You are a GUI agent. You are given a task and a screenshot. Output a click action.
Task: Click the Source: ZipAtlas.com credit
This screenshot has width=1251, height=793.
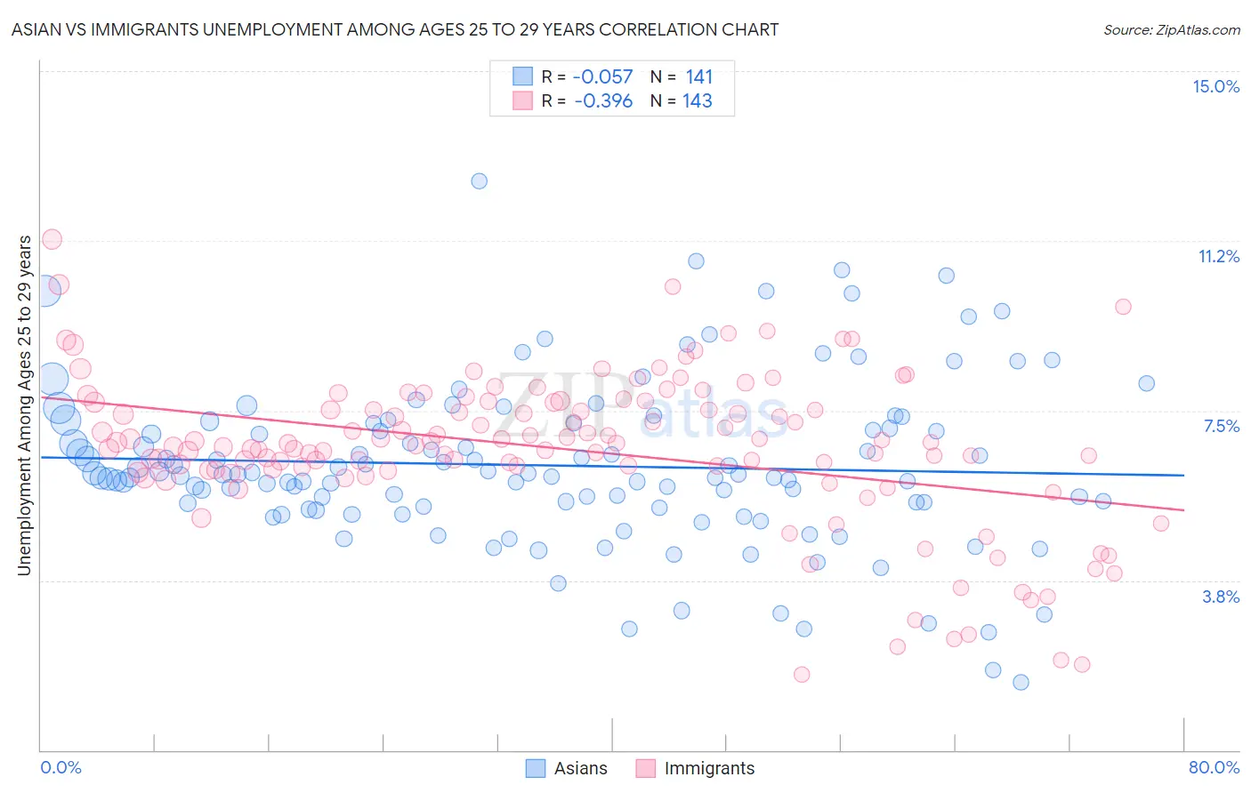tap(1171, 29)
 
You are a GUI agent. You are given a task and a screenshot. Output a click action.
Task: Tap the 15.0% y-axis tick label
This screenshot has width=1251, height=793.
tap(1215, 86)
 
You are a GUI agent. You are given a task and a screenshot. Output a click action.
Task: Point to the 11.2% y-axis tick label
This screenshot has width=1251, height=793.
tap(1218, 256)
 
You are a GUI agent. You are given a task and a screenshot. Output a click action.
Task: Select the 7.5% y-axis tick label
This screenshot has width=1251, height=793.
tap(1221, 426)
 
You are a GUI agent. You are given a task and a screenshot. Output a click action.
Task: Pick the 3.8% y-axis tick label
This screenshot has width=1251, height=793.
tap(1221, 597)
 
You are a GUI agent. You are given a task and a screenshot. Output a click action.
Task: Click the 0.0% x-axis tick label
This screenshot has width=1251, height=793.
tap(61, 767)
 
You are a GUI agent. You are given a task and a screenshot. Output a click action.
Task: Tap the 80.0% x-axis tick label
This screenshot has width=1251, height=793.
tap(1214, 767)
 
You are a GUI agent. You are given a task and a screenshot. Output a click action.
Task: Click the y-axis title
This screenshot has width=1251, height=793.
tap(24, 405)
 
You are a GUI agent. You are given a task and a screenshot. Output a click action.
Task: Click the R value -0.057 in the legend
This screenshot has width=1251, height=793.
tap(603, 77)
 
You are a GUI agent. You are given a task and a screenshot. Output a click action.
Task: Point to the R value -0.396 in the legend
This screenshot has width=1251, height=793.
tap(603, 100)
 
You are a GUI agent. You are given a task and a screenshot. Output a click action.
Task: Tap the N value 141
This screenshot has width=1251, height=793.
tap(698, 77)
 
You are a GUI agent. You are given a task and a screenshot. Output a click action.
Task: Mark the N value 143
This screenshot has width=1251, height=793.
tap(698, 100)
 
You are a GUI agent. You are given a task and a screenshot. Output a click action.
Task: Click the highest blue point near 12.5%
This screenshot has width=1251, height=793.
tap(479, 180)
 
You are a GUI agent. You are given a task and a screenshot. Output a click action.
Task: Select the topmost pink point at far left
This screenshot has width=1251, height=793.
tap(52, 239)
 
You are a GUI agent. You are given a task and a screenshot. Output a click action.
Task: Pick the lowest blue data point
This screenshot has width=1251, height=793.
tap(1021, 682)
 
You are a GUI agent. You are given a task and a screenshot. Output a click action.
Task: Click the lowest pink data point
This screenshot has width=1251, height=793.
tap(802, 674)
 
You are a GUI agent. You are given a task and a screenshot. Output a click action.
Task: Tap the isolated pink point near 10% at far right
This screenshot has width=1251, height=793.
tap(1123, 306)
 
